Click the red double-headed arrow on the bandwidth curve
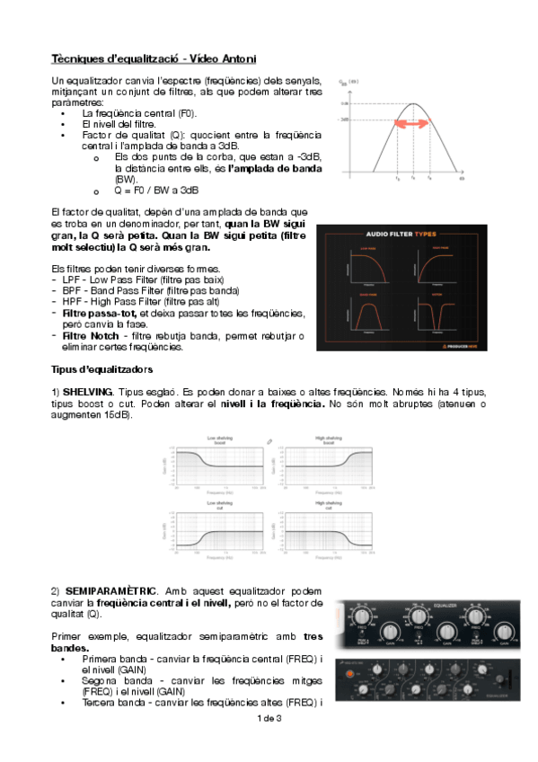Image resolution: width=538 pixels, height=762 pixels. coord(414,126)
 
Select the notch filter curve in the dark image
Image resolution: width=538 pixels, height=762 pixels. coord(441,315)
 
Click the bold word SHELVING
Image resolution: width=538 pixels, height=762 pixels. coord(88,393)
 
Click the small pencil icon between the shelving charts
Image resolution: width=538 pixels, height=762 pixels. coord(269,441)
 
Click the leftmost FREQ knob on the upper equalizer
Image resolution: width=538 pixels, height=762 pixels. coord(363,619)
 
